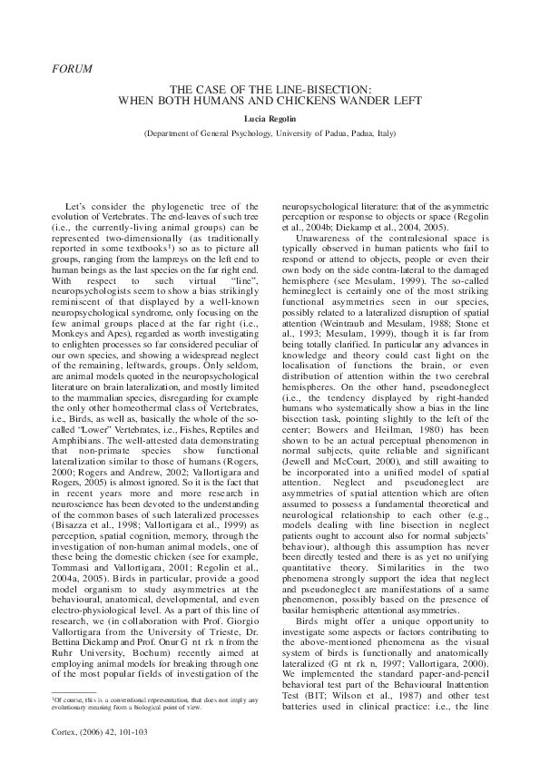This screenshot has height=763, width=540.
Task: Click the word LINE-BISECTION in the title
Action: pyautogui.click(x=329, y=91)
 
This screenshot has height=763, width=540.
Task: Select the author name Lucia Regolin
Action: pyautogui.click(x=270, y=118)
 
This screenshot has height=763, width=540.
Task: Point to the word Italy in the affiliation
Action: pyautogui.click(x=385, y=132)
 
